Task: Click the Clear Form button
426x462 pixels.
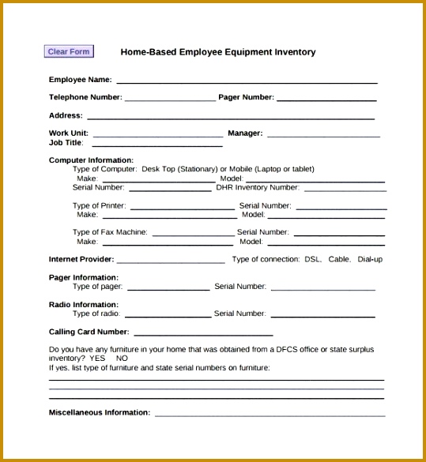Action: [x=69, y=52]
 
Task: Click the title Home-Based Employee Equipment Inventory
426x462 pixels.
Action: [x=217, y=52]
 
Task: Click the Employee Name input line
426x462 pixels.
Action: [x=247, y=81]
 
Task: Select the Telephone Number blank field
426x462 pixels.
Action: [x=170, y=100]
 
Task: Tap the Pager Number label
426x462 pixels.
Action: [x=246, y=97]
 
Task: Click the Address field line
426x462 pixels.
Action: [x=230, y=118]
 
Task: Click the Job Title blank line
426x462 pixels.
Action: [x=157, y=145]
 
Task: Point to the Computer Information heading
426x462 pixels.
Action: [x=91, y=160]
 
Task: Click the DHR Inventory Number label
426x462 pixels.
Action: [x=258, y=188]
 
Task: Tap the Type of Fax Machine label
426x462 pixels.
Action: [x=110, y=232]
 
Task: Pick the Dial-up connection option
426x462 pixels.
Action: [x=370, y=259]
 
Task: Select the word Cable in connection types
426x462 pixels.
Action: [x=339, y=259]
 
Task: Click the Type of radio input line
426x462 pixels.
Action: [x=168, y=316]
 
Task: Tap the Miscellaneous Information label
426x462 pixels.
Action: [x=100, y=412]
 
